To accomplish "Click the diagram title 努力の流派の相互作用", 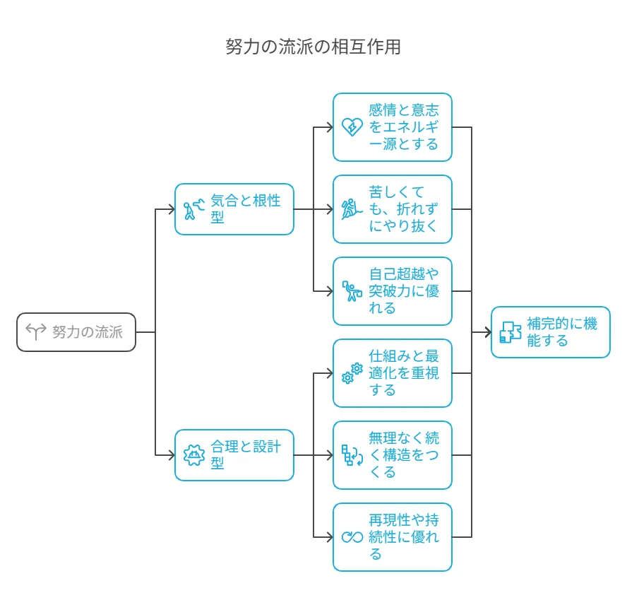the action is pyautogui.click(x=313, y=47).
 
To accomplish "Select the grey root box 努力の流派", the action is pyautogui.click(x=76, y=332).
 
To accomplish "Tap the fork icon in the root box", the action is pyautogui.click(x=36, y=332).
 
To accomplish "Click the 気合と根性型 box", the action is pyautogui.click(x=234, y=209).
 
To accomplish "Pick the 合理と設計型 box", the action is pyautogui.click(x=234, y=455).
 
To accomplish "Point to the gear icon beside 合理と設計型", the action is pyautogui.click(x=194, y=455).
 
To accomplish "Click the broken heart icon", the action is pyautogui.click(x=352, y=127).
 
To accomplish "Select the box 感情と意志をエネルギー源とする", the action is pyautogui.click(x=393, y=127).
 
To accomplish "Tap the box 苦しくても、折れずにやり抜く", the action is pyautogui.click(x=393, y=209).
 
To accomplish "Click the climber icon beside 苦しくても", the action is pyautogui.click(x=352, y=209).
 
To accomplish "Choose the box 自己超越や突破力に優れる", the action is pyautogui.click(x=393, y=291).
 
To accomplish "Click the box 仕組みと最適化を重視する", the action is pyautogui.click(x=393, y=373).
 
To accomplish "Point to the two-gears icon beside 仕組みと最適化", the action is pyautogui.click(x=352, y=373).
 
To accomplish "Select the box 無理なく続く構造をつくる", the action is pyautogui.click(x=393, y=455).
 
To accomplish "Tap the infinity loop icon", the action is pyautogui.click(x=352, y=537).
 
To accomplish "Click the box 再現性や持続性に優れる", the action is pyautogui.click(x=393, y=537).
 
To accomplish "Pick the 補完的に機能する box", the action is pyautogui.click(x=551, y=332).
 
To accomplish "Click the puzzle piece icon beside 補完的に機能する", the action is pyautogui.click(x=510, y=332).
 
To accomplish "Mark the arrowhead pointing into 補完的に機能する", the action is pyautogui.click(x=488, y=332).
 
